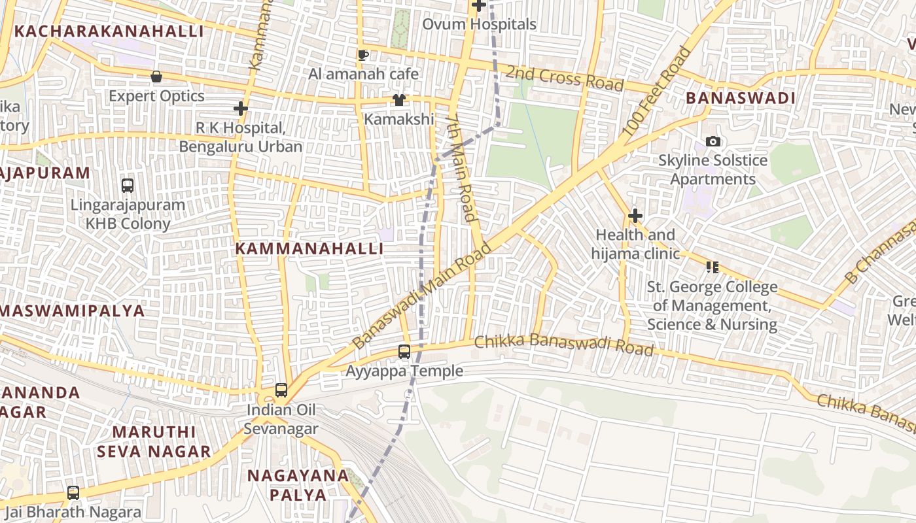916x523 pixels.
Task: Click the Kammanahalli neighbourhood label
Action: pos(309,249)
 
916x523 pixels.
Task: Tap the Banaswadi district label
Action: pos(740,99)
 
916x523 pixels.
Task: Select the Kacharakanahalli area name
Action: pos(109,31)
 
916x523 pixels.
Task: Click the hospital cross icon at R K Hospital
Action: pos(241,108)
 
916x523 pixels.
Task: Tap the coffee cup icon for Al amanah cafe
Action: pos(363,55)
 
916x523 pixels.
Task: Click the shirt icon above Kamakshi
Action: pos(398,100)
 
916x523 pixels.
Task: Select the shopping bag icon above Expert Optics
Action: pos(156,76)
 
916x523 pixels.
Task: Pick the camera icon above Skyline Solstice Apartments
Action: pos(713,141)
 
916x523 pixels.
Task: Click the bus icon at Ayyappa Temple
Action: pos(404,352)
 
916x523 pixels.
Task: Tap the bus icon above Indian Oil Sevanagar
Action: pos(281,390)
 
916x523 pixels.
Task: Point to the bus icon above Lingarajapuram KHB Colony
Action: pos(128,186)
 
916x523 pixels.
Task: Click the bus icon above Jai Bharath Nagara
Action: pos(73,493)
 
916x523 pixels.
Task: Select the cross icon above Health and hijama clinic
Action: pos(635,216)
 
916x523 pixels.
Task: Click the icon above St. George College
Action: pos(712,267)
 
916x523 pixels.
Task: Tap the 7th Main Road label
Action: pos(462,168)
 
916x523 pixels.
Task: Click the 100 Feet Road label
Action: pos(656,92)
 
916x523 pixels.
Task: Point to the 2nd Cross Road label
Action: pos(564,78)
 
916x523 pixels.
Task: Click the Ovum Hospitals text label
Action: pos(479,24)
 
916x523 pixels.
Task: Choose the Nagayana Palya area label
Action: pos(298,485)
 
